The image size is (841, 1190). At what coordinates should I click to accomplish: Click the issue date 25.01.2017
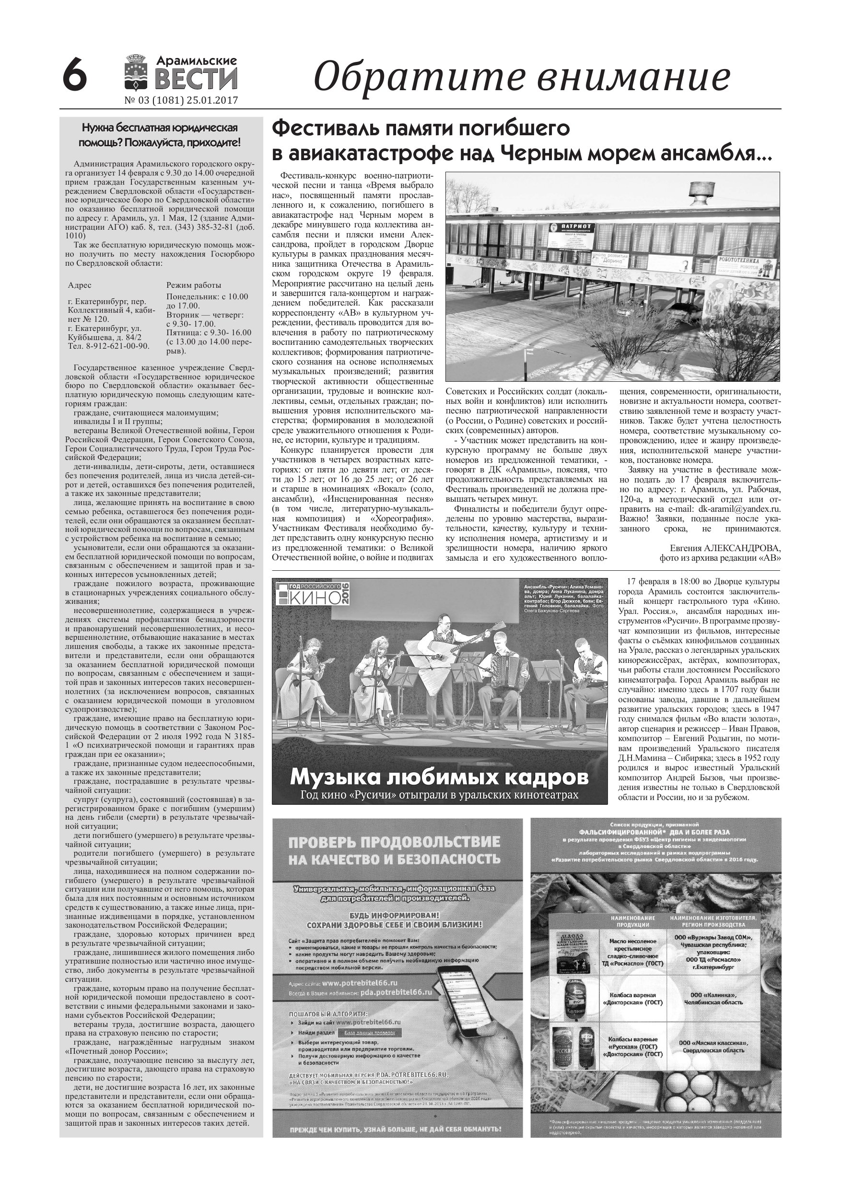(x=212, y=101)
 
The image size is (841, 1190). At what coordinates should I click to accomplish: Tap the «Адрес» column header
(x=80, y=285)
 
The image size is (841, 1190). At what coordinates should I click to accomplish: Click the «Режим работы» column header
(x=193, y=285)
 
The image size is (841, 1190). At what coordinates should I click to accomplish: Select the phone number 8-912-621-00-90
(x=115, y=346)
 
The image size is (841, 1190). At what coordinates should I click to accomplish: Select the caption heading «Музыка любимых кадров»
(x=439, y=777)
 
